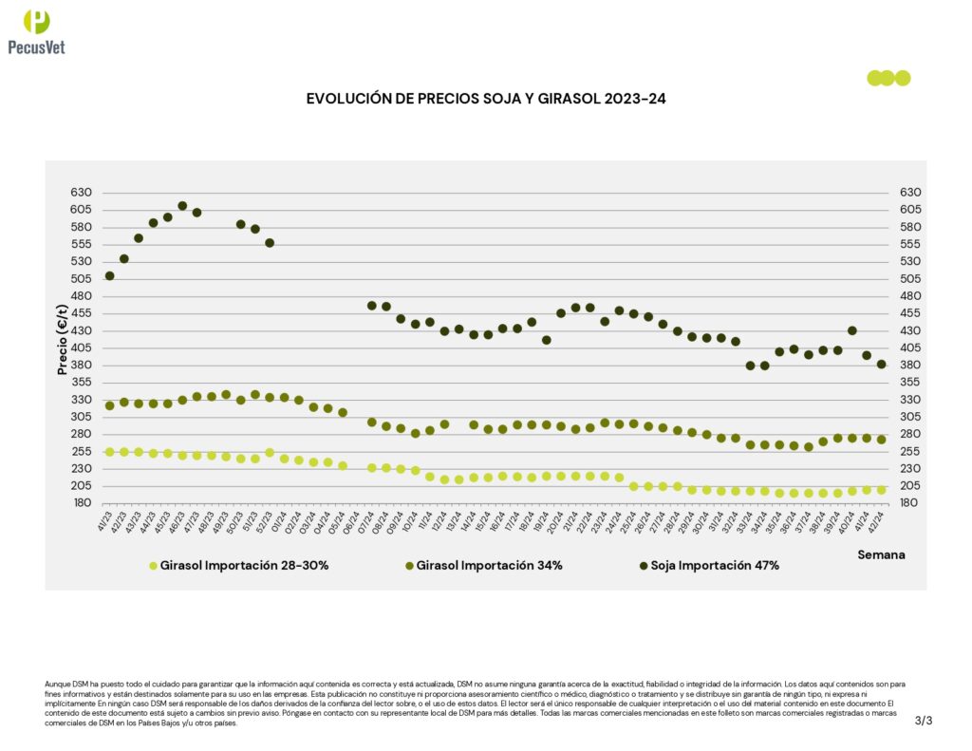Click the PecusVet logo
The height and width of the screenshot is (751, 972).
(36, 33)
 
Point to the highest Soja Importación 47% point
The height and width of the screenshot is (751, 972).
(182, 206)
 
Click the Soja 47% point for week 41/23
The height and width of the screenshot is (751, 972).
(109, 276)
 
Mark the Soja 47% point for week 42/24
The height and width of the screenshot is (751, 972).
(881, 365)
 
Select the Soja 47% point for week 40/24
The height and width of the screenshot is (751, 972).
(852, 331)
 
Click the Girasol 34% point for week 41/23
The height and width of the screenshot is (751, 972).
(109, 405)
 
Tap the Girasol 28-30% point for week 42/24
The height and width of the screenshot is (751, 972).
(881, 490)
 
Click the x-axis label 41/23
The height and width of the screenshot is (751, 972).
(105, 520)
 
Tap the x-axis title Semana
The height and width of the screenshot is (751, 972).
(881, 554)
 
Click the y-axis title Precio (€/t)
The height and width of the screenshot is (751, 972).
(63, 339)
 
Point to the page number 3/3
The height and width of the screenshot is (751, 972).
(924, 721)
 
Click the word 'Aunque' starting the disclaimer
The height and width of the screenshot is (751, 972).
(57, 684)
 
